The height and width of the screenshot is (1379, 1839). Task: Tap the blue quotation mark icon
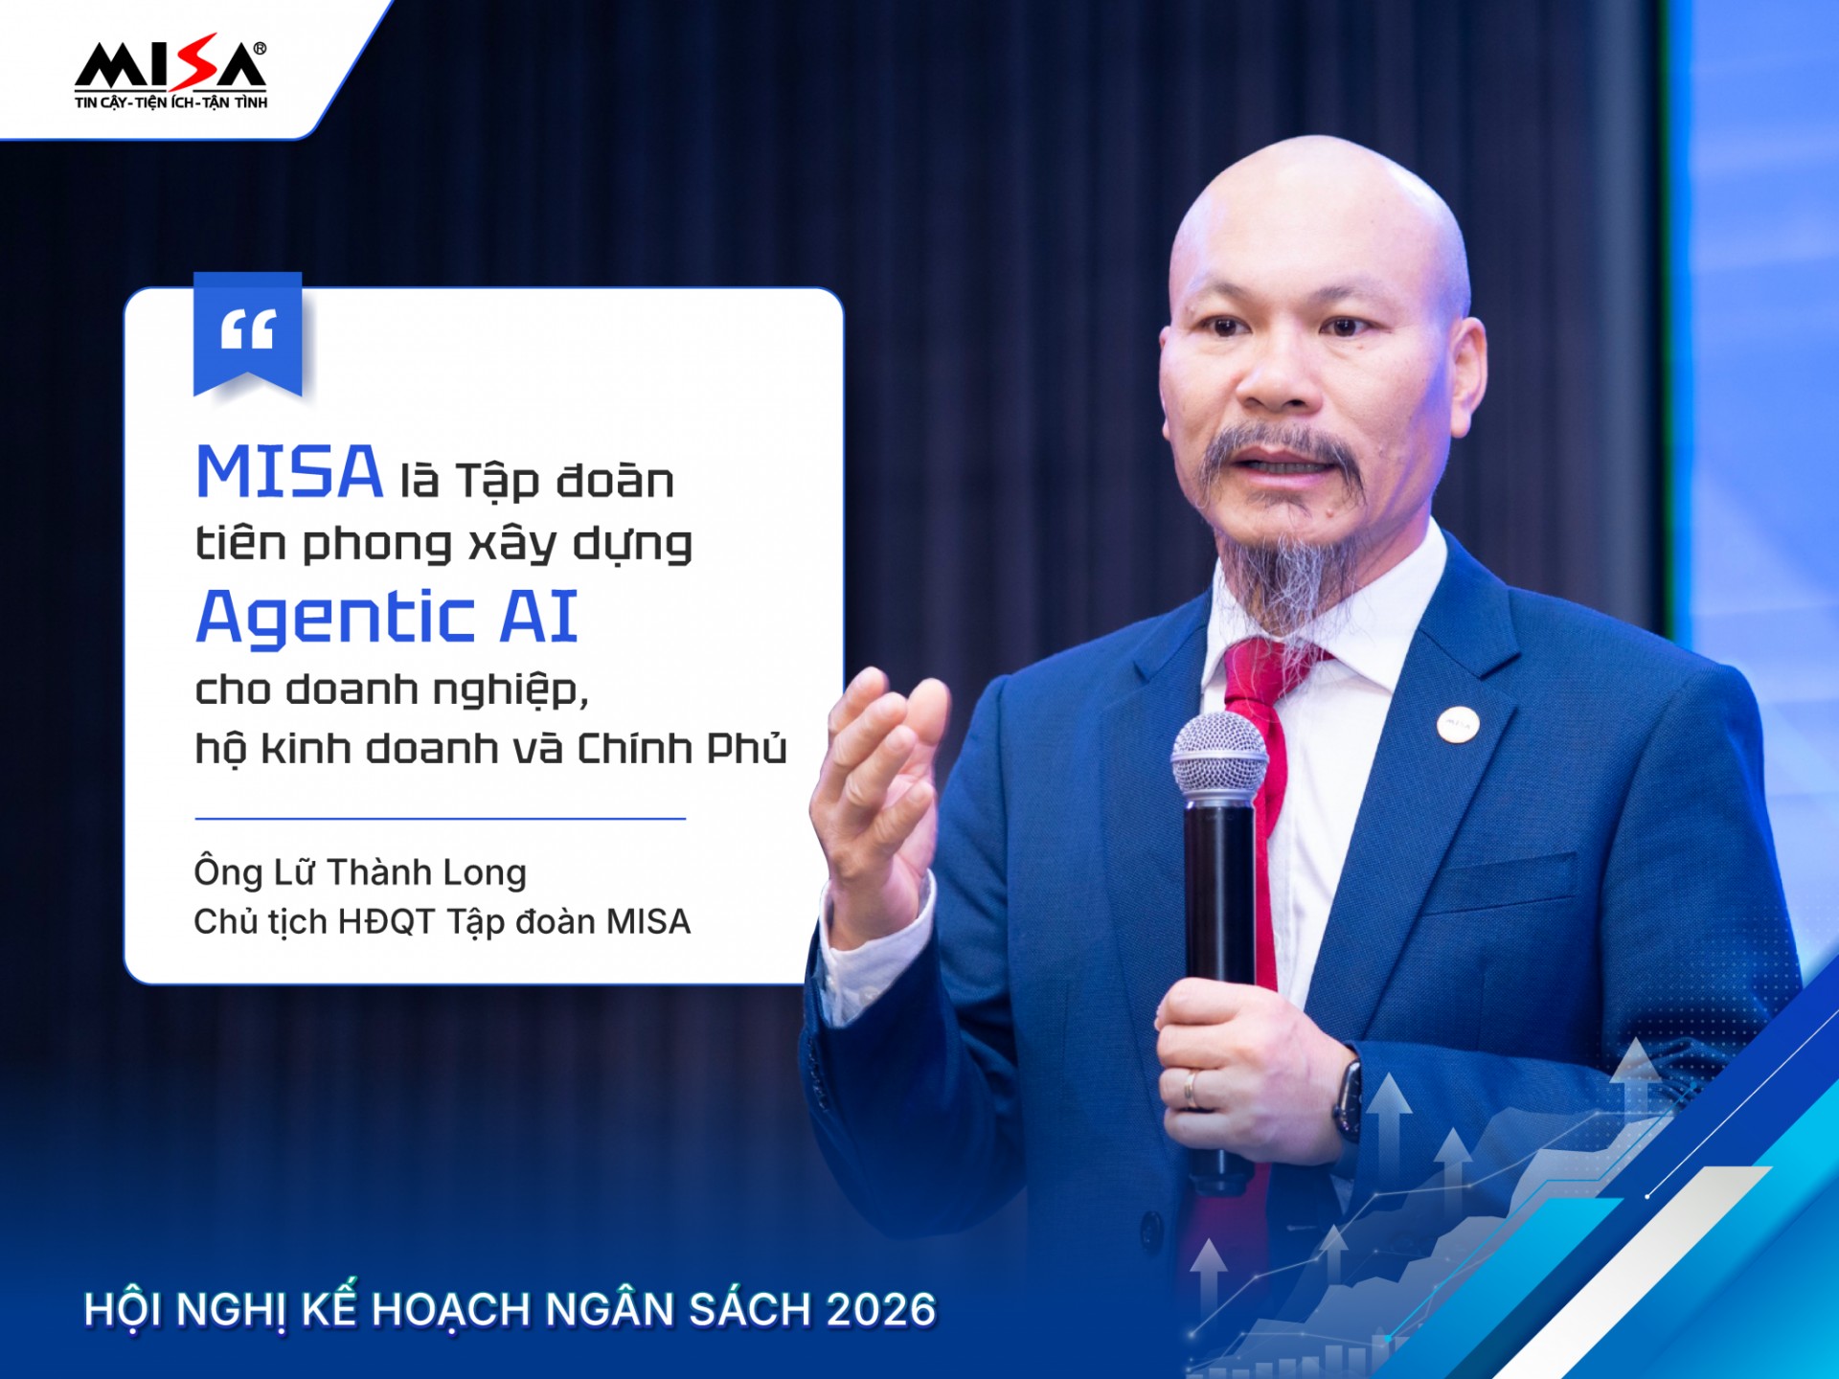click(x=248, y=333)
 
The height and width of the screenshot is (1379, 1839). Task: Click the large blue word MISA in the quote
click(x=289, y=472)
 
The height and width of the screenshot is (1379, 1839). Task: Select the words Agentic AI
click(x=387, y=619)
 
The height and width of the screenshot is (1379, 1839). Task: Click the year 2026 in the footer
click(x=881, y=1310)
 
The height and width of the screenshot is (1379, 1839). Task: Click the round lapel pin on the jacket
click(x=1457, y=724)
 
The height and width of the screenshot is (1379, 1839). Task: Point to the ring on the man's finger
click(x=1191, y=1089)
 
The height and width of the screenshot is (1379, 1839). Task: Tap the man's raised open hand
click(x=878, y=785)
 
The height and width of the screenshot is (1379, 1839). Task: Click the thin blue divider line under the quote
click(x=441, y=819)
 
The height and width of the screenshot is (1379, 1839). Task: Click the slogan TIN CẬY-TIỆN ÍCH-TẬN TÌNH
click(x=171, y=102)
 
